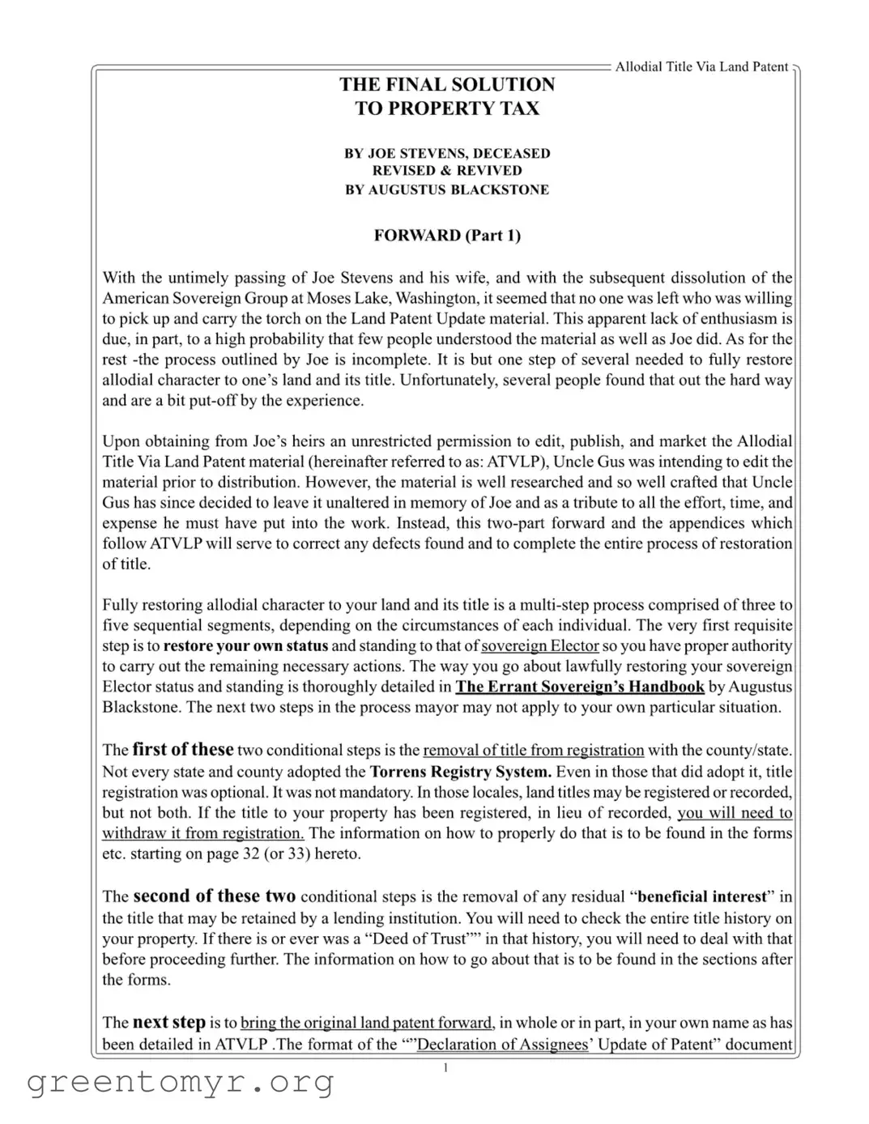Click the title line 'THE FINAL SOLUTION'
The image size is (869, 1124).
[447, 84]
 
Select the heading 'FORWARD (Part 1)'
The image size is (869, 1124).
[447, 236]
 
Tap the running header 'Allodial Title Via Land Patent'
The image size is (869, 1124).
[701, 67]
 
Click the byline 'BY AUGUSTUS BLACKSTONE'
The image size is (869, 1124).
[447, 190]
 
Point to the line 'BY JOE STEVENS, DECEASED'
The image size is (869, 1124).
[447, 153]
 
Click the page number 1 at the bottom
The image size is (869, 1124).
[445, 1068]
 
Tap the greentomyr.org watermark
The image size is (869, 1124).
[181, 1081]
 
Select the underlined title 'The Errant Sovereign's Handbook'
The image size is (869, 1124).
[580, 687]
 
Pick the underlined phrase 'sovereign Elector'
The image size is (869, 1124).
[540, 646]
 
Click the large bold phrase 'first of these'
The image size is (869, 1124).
[183, 750]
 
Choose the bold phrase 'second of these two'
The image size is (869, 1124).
[214, 896]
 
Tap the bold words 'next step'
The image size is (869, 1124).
[168, 1022]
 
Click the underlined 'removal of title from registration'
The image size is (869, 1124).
[534, 751]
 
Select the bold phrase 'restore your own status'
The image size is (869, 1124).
[245, 646]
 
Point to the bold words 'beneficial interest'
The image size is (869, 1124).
[702, 897]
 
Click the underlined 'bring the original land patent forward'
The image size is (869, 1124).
[367, 1024]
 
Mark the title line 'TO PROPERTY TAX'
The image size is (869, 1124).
[447, 109]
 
